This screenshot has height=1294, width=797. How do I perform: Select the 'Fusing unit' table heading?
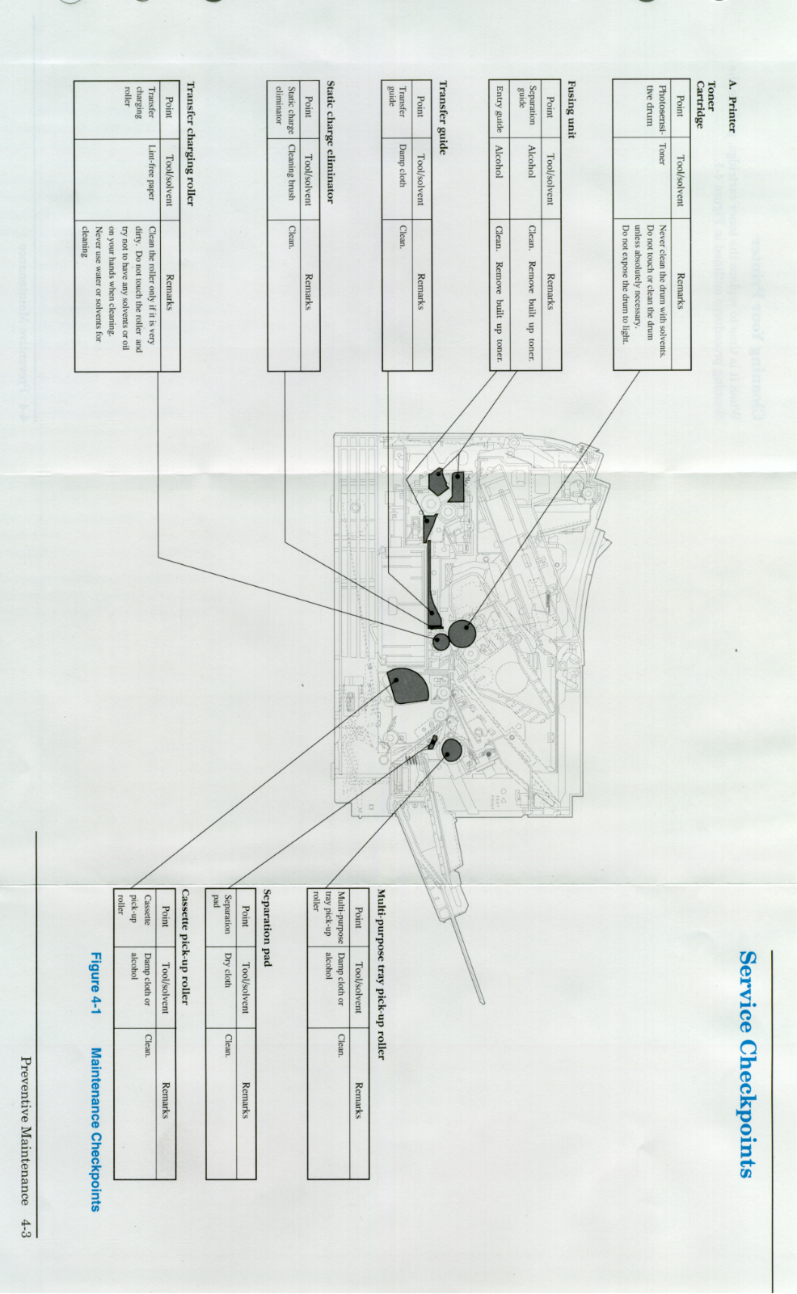[571, 108]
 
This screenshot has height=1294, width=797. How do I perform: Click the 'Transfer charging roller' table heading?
[191, 143]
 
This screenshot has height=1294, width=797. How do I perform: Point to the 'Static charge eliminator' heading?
[331, 141]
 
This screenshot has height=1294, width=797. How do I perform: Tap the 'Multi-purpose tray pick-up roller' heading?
[381, 974]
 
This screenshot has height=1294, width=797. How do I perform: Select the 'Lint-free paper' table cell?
[151, 171]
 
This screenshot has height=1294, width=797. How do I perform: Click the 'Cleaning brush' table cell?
[291, 171]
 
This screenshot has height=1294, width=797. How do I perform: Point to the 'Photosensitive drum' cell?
[656, 104]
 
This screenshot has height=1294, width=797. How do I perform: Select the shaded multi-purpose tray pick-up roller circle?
[451, 751]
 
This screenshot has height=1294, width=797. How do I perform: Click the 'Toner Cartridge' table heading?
[706, 103]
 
